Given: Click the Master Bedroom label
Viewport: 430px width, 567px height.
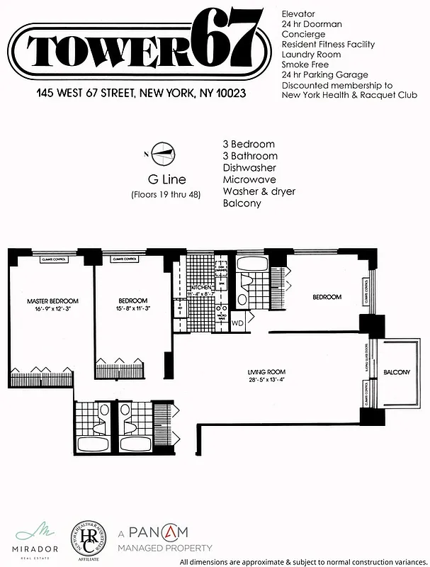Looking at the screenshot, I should (52, 301).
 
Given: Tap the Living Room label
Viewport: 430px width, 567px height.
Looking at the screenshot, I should (266, 372).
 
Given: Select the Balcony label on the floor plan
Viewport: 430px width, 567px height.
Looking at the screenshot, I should (397, 372).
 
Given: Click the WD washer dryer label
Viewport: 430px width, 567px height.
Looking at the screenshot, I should (237, 323).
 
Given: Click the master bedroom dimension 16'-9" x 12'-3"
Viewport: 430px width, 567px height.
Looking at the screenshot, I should (52, 310).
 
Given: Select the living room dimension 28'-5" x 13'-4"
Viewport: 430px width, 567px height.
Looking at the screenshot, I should (266, 381).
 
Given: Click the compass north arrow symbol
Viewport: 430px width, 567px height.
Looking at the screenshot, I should (162, 152).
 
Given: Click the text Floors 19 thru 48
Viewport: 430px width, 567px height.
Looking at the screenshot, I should (166, 195).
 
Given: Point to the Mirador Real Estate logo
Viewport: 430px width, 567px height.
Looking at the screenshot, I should (29, 537).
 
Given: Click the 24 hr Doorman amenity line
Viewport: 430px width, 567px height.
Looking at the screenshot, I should (312, 24).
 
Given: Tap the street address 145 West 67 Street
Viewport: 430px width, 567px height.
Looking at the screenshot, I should (142, 94).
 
